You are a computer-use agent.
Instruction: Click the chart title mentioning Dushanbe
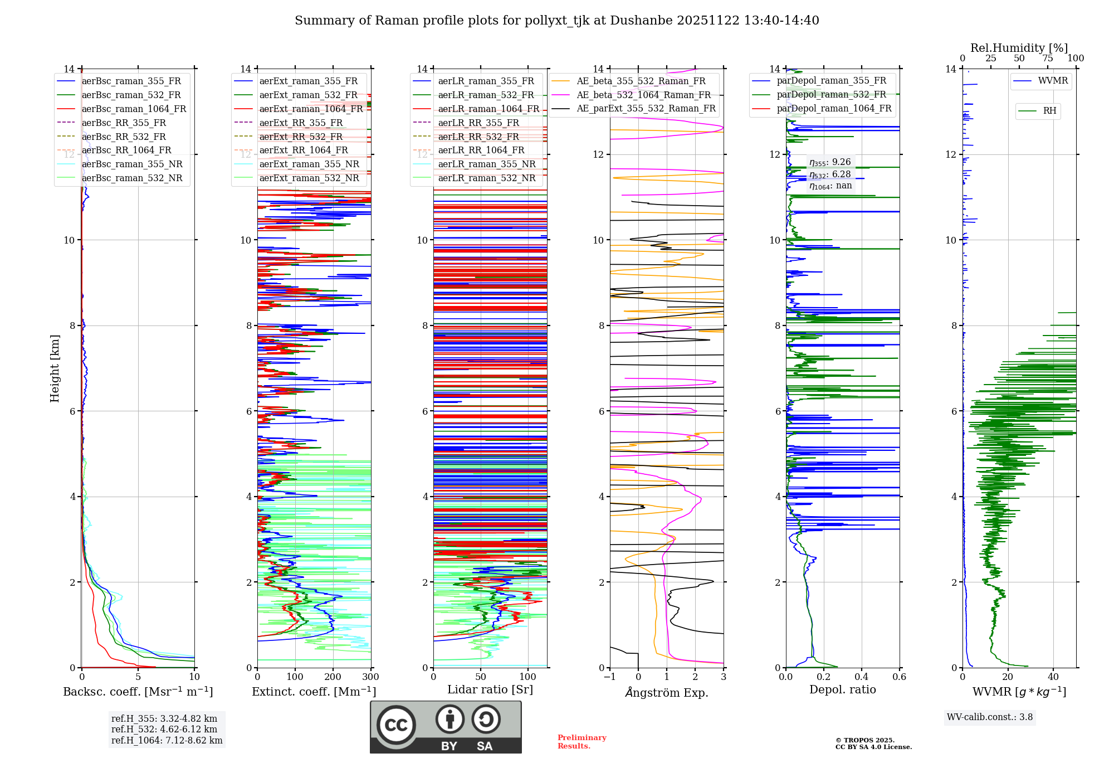coord(556,21)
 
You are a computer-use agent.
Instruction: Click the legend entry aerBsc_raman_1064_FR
coord(134,109)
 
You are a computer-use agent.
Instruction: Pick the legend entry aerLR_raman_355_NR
coord(486,164)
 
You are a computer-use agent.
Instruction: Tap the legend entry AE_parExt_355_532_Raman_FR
coord(646,109)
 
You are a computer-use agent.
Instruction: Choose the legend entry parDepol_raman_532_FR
coord(831,95)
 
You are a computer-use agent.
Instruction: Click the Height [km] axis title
coord(55,368)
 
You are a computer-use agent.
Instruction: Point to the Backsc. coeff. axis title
coord(138,692)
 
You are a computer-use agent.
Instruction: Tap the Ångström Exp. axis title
coord(667,693)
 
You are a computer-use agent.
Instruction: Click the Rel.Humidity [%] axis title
coord(1019,48)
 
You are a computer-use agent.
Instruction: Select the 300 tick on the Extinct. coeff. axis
coord(370,677)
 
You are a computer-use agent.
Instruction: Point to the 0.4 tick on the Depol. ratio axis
coord(861,677)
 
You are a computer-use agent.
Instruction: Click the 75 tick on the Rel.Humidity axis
coord(1048,59)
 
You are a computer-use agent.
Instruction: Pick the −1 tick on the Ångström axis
coord(609,677)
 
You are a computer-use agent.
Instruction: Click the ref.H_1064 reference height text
coord(167,741)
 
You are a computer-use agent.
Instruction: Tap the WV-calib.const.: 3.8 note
coord(989,717)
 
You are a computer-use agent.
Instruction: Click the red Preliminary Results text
coord(582,742)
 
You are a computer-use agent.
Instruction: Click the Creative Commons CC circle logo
coord(396,725)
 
